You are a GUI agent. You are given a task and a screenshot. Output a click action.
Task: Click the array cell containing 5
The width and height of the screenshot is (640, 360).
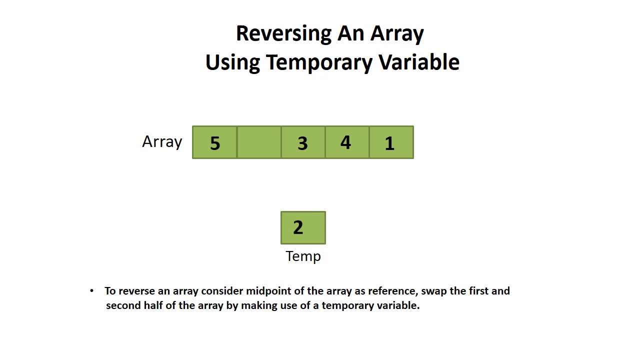click(x=214, y=142)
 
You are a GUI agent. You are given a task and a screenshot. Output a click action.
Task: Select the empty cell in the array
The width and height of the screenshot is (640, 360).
click(x=258, y=142)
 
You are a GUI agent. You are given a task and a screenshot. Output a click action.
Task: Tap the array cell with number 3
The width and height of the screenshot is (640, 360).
click(x=302, y=142)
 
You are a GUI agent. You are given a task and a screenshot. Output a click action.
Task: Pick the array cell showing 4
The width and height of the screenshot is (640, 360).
click(x=346, y=142)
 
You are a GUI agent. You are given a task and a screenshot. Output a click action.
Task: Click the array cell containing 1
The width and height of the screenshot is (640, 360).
click(x=390, y=142)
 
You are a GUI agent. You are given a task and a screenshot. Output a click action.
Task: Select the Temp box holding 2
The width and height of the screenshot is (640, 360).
click(x=303, y=227)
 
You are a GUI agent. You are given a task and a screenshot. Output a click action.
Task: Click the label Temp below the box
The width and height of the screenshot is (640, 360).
click(x=303, y=256)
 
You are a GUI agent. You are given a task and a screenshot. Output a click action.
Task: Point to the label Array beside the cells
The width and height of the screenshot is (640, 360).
click(x=162, y=141)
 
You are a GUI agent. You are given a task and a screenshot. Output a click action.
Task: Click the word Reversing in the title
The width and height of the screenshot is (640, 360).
click(x=283, y=34)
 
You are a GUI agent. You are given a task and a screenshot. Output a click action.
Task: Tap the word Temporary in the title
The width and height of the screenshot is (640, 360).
click(x=319, y=62)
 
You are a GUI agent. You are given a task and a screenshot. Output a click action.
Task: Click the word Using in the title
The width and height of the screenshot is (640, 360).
click(x=232, y=62)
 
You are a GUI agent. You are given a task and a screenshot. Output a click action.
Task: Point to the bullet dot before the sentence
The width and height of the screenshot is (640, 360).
click(x=91, y=291)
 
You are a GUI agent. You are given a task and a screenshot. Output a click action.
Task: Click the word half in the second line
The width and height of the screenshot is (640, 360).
click(x=152, y=305)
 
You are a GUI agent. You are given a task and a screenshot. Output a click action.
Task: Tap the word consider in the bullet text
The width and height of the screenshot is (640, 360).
click(x=222, y=291)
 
